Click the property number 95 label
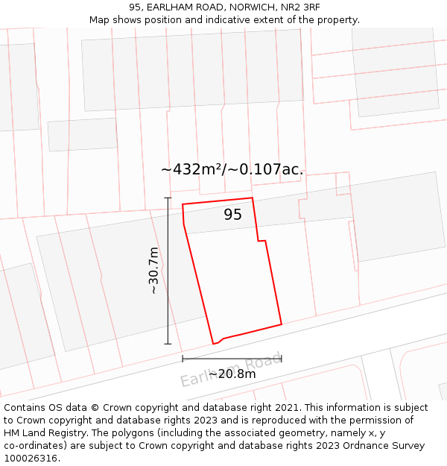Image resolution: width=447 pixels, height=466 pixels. pyautogui.click(x=233, y=215)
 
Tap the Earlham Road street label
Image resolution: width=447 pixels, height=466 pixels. pyautogui.click(x=232, y=370)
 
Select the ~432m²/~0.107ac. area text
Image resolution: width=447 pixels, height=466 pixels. pyautogui.click(x=232, y=169)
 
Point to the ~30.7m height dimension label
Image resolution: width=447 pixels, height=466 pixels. pyautogui.click(x=153, y=270)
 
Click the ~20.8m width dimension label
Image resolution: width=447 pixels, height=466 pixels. pyautogui.click(x=232, y=374)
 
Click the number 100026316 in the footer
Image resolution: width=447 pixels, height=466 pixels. pyautogui.click(x=31, y=458)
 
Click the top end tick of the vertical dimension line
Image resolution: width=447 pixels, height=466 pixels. pyautogui.click(x=168, y=198)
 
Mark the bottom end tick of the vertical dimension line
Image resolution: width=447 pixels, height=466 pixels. pyautogui.click(x=168, y=344)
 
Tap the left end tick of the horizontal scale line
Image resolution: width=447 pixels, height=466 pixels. pyautogui.click(x=183, y=359)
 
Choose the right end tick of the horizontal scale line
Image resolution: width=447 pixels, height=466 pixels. pyautogui.click(x=282, y=359)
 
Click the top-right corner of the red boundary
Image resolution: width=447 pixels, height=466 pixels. pyautogui.click(x=253, y=198)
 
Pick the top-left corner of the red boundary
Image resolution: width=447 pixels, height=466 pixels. pyautogui.click(x=183, y=204)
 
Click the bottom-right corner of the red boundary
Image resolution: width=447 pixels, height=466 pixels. pyautogui.click(x=282, y=324)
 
